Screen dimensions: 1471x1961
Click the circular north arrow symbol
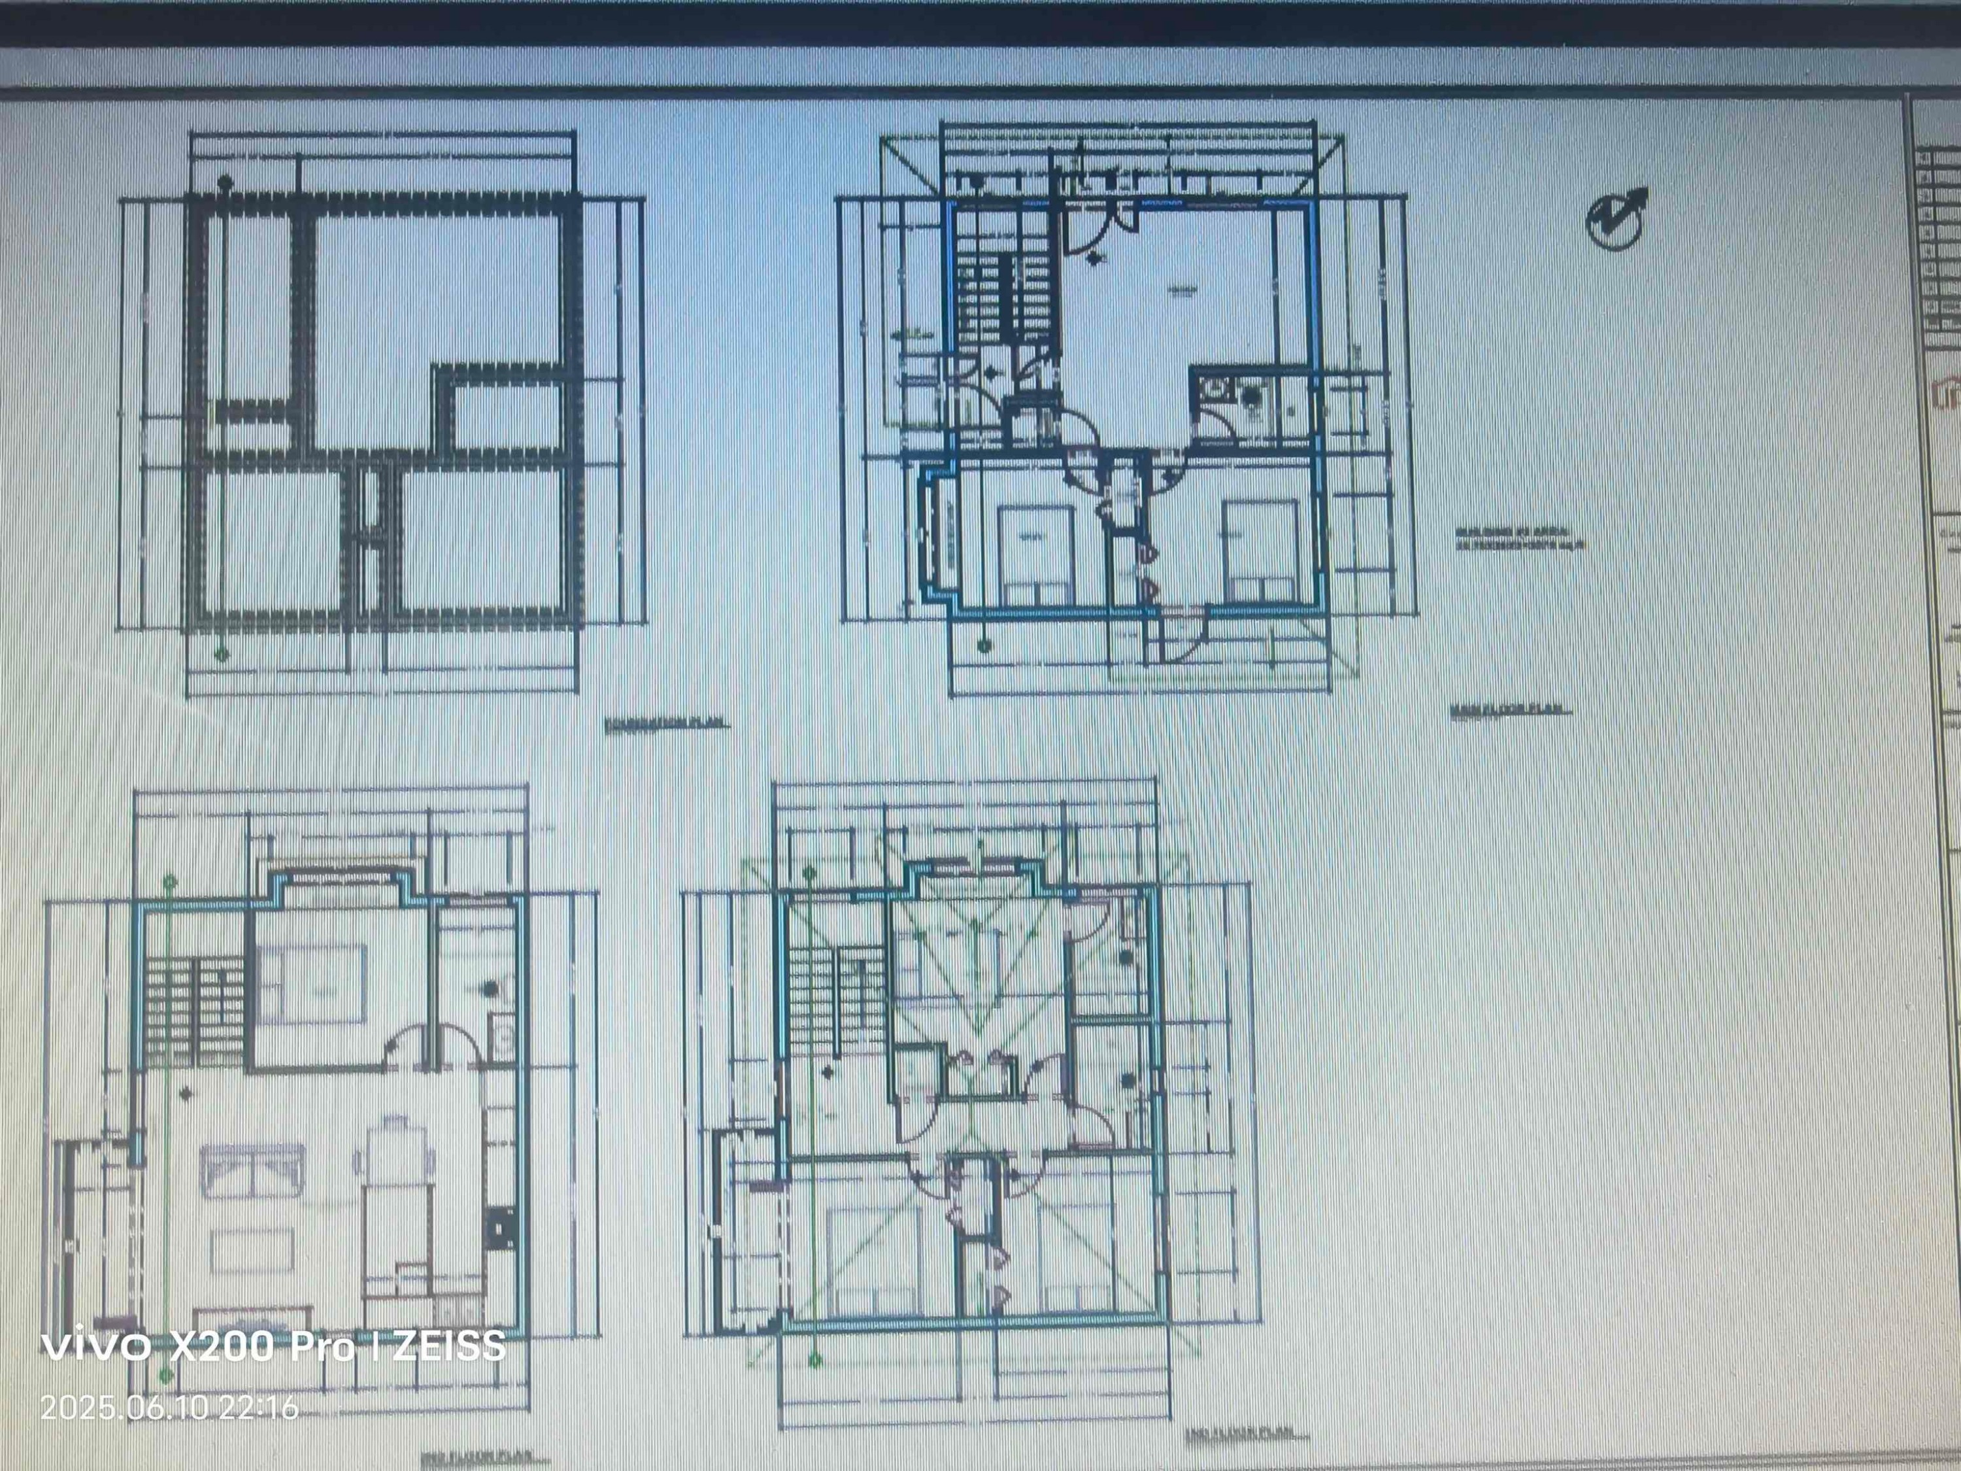[1615, 219]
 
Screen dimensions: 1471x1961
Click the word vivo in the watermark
[95, 1347]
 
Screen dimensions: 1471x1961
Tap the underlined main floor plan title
[1507, 710]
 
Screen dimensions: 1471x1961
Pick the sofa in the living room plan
[253, 1170]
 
